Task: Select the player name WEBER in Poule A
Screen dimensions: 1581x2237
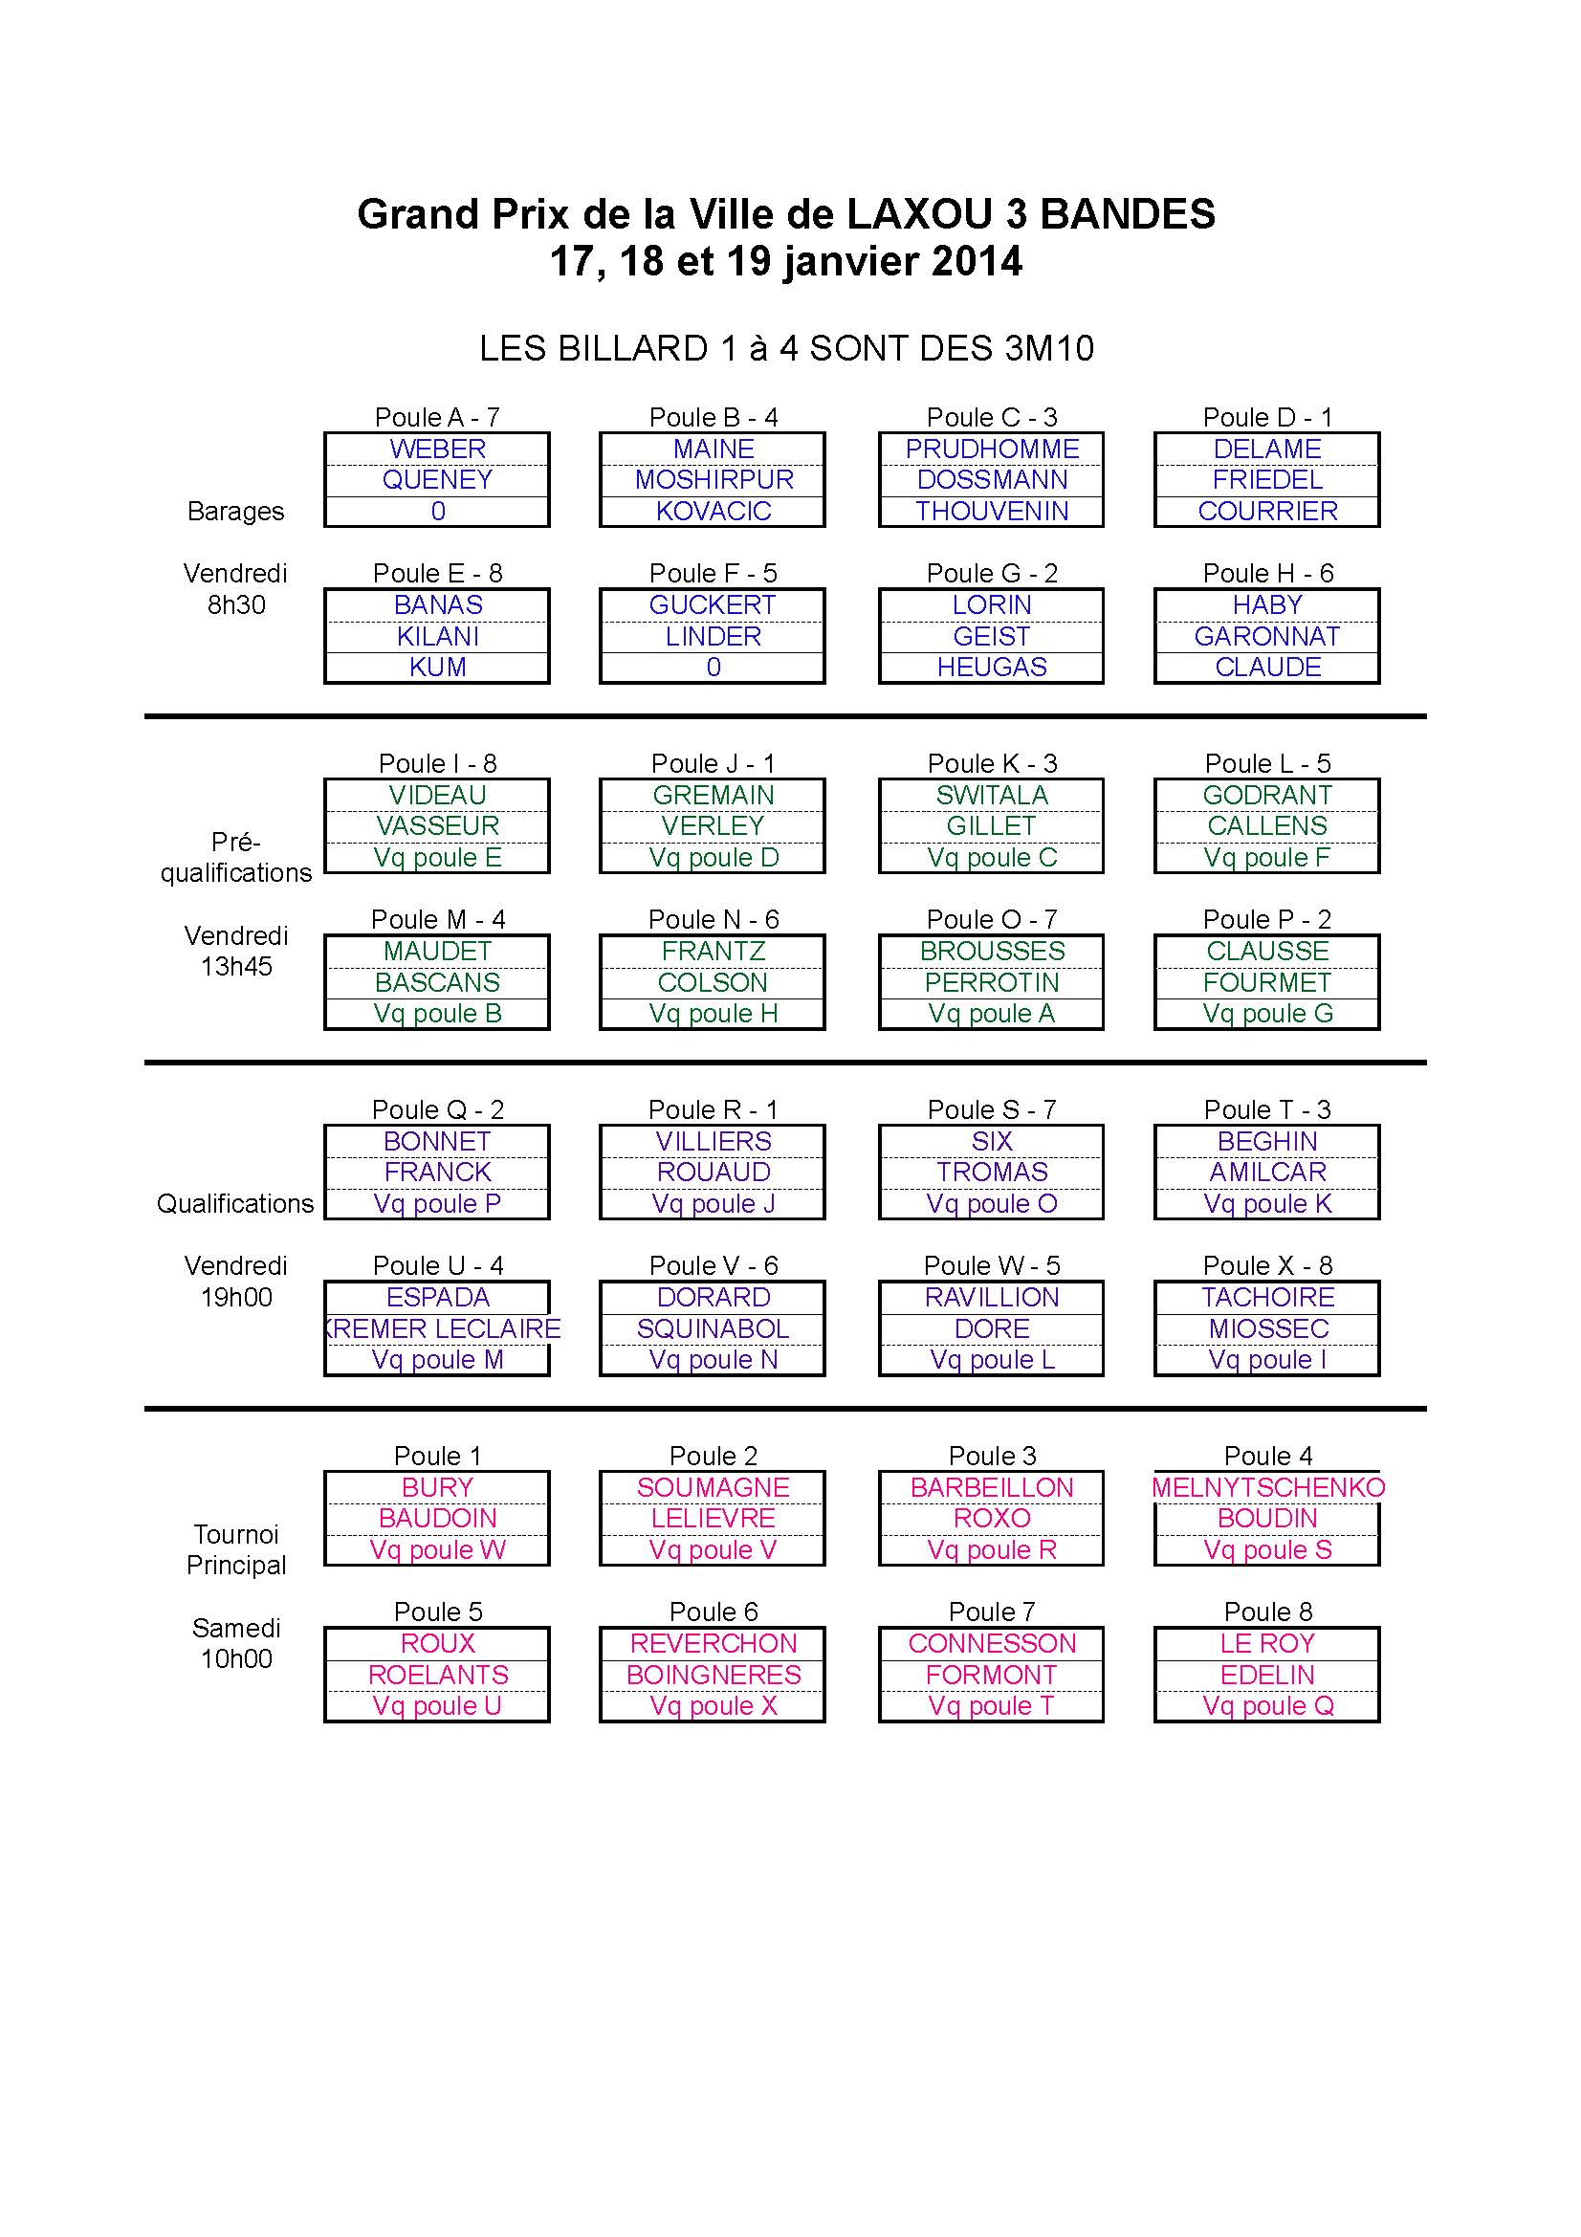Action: (x=437, y=450)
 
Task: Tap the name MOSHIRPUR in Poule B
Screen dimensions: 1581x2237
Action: (x=714, y=479)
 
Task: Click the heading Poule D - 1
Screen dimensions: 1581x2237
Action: (x=1267, y=417)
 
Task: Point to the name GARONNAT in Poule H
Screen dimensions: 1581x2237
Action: (x=1267, y=636)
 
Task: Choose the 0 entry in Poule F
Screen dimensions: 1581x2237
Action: (x=714, y=668)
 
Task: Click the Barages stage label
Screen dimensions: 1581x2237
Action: (x=235, y=512)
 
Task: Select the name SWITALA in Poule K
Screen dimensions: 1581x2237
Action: (x=992, y=795)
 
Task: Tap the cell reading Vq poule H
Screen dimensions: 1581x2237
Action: (x=714, y=1013)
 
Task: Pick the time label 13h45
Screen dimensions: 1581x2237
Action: (x=235, y=967)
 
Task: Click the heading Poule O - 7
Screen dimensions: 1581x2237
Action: (x=992, y=919)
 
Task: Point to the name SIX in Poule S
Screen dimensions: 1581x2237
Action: (x=992, y=1141)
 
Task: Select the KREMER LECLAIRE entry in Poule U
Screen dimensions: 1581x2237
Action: (x=444, y=1329)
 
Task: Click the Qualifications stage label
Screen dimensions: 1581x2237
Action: (x=235, y=1204)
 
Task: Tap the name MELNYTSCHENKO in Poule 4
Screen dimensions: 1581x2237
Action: (x=1268, y=1488)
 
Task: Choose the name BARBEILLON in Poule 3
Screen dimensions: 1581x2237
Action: (x=992, y=1488)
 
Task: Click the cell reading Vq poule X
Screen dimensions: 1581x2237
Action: (x=714, y=1706)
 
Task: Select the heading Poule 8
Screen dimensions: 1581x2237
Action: (x=1268, y=1612)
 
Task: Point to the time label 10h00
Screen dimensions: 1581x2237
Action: (x=235, y=1658)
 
